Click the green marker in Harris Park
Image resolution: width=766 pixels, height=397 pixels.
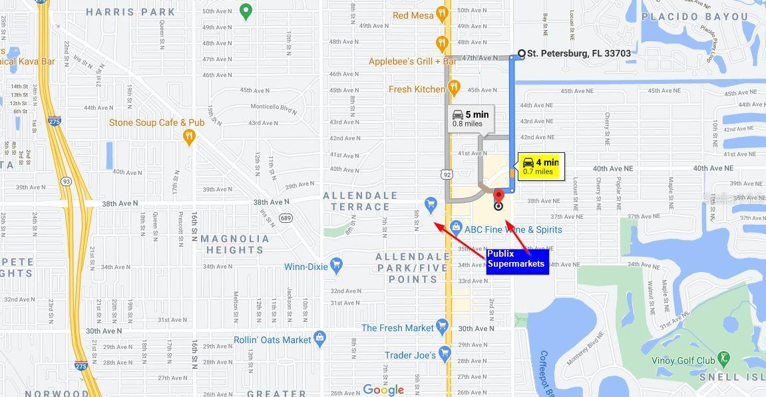(x=245, y=11)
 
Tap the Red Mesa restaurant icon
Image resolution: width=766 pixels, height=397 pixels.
(x=442, y=15)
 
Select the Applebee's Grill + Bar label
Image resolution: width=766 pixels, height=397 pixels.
(x=413, y=61)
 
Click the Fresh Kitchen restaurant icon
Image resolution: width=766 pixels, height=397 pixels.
(x=454, y=87)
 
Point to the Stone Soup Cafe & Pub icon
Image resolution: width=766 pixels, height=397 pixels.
(x=189, y=136)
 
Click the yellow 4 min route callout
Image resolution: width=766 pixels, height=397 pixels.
(x=540, y=166)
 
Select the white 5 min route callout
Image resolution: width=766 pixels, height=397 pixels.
(x=471, y=118)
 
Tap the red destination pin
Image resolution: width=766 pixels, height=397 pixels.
(x=498, y=197)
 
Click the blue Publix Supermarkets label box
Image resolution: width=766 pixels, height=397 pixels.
(x=516, y=259)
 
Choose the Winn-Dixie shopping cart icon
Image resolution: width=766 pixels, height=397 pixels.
(x=335, y=265)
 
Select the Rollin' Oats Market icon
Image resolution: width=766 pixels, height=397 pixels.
(x=320, y=338)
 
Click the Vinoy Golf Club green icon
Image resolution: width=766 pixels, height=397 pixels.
(x=724, y=359)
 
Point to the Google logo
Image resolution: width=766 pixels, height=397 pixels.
(x=383, y=390)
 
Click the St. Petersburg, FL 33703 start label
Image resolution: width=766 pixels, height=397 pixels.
(x=578, y=53)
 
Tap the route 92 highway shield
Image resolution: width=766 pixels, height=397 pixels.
(x=446, y=174)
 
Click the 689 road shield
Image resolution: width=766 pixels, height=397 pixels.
(x=286, y=217)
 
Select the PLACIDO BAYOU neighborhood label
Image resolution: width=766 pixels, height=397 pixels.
(x=695, y=17)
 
